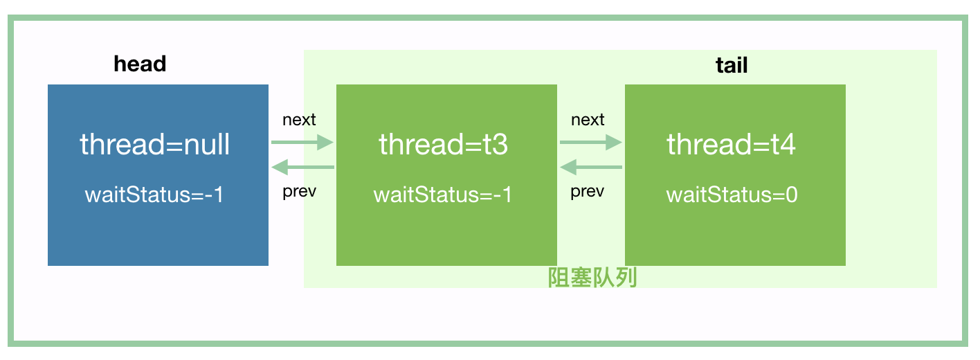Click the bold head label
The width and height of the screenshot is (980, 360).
[140, 64]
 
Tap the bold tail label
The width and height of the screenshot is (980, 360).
[732, 66]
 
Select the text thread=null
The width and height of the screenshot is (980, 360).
[155, 145]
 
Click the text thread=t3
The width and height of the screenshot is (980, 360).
[443, 145]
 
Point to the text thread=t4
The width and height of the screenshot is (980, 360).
[732, 145]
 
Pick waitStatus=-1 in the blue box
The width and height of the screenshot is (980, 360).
[154, 195]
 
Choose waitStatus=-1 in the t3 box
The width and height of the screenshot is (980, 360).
[443, 195]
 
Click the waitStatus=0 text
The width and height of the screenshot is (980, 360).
[732, 195]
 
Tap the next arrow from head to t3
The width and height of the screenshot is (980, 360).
[302, 143]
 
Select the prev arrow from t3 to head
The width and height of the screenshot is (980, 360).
[302, 167]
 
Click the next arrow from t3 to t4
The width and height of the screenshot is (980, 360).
[591, 143]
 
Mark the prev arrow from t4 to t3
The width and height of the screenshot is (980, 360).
[591, 167]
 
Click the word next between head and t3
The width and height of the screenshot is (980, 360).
[299, 120]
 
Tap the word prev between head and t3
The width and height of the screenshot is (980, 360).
[299, 192]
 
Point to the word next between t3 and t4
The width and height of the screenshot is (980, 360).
[588, 120]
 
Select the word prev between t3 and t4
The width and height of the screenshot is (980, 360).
[587, 192]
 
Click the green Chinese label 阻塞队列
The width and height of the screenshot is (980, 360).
[592, 278]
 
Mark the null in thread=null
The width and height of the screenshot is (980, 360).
[206, 145]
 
